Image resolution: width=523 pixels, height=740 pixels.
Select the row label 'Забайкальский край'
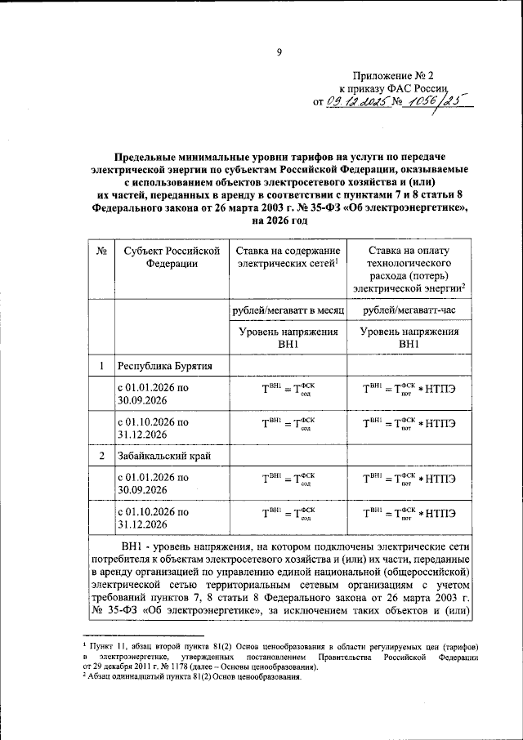(x=169, y=456)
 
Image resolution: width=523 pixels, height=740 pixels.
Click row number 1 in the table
(x=101, y=366)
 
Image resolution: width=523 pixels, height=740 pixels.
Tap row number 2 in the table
(x=101, y=456)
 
